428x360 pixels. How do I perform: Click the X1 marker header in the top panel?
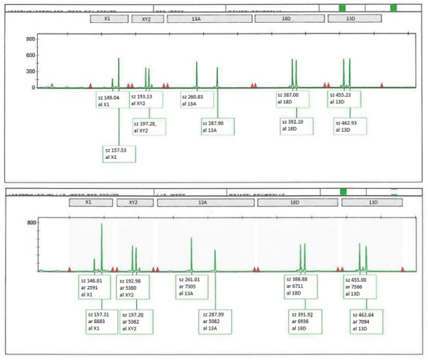click(x=106, y=19)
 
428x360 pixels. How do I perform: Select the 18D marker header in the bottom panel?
click(x=295, y=203)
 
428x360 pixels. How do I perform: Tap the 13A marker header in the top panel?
click(x=196, y=19)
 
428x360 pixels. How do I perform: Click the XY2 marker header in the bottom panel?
click(x=133, y=203)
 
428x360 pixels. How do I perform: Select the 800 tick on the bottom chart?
click(x=31, y=223)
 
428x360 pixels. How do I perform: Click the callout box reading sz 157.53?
click(x=119, y=153)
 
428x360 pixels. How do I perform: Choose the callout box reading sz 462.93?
click(x=348, y=126)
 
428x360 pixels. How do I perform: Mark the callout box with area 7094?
click(x=368, y=319)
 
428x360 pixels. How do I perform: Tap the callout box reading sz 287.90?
click(x=218, y=126)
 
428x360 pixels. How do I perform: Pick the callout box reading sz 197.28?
click(x=150, y=126)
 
